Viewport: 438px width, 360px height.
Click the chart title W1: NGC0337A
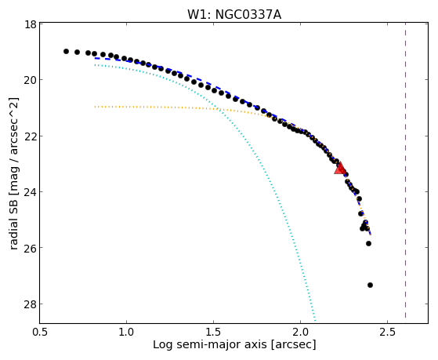234,15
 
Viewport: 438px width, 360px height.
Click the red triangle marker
340,168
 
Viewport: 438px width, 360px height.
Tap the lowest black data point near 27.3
370,285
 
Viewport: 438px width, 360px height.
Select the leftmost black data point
66,51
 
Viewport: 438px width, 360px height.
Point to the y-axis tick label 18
30,24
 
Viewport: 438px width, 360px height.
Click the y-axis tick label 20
30,80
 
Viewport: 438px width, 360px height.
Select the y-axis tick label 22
30,136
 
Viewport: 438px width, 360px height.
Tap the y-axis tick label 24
30,191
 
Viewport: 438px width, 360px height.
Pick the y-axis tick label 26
30,248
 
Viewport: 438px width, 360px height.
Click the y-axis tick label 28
30,304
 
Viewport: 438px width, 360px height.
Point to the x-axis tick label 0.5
40,332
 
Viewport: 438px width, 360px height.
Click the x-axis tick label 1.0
126,332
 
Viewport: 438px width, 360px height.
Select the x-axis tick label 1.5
213,332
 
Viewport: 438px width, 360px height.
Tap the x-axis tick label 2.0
300,332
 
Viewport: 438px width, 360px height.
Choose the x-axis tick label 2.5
387,332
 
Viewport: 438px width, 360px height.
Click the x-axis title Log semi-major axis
209,344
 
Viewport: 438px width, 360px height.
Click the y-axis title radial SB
14,222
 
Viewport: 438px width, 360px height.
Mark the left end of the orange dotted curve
95,107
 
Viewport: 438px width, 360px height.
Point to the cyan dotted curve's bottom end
315,321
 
